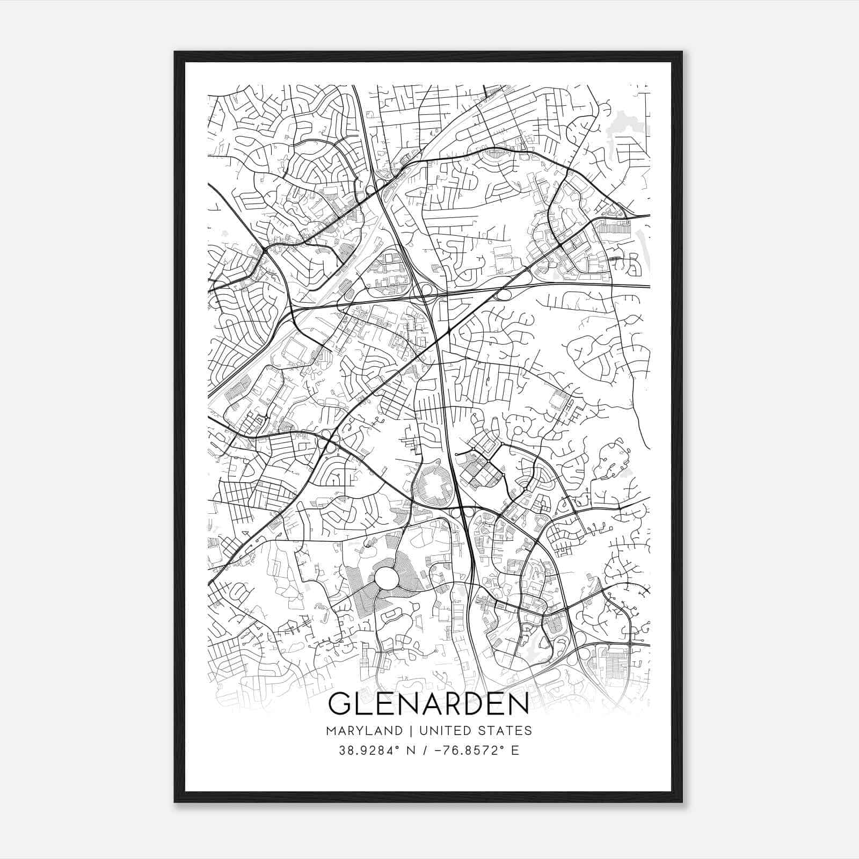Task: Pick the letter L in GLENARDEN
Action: pos(362,704)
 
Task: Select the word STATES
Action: pos(506,731)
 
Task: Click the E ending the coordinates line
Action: pos(515,751)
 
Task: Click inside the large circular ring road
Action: pos(387,578)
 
